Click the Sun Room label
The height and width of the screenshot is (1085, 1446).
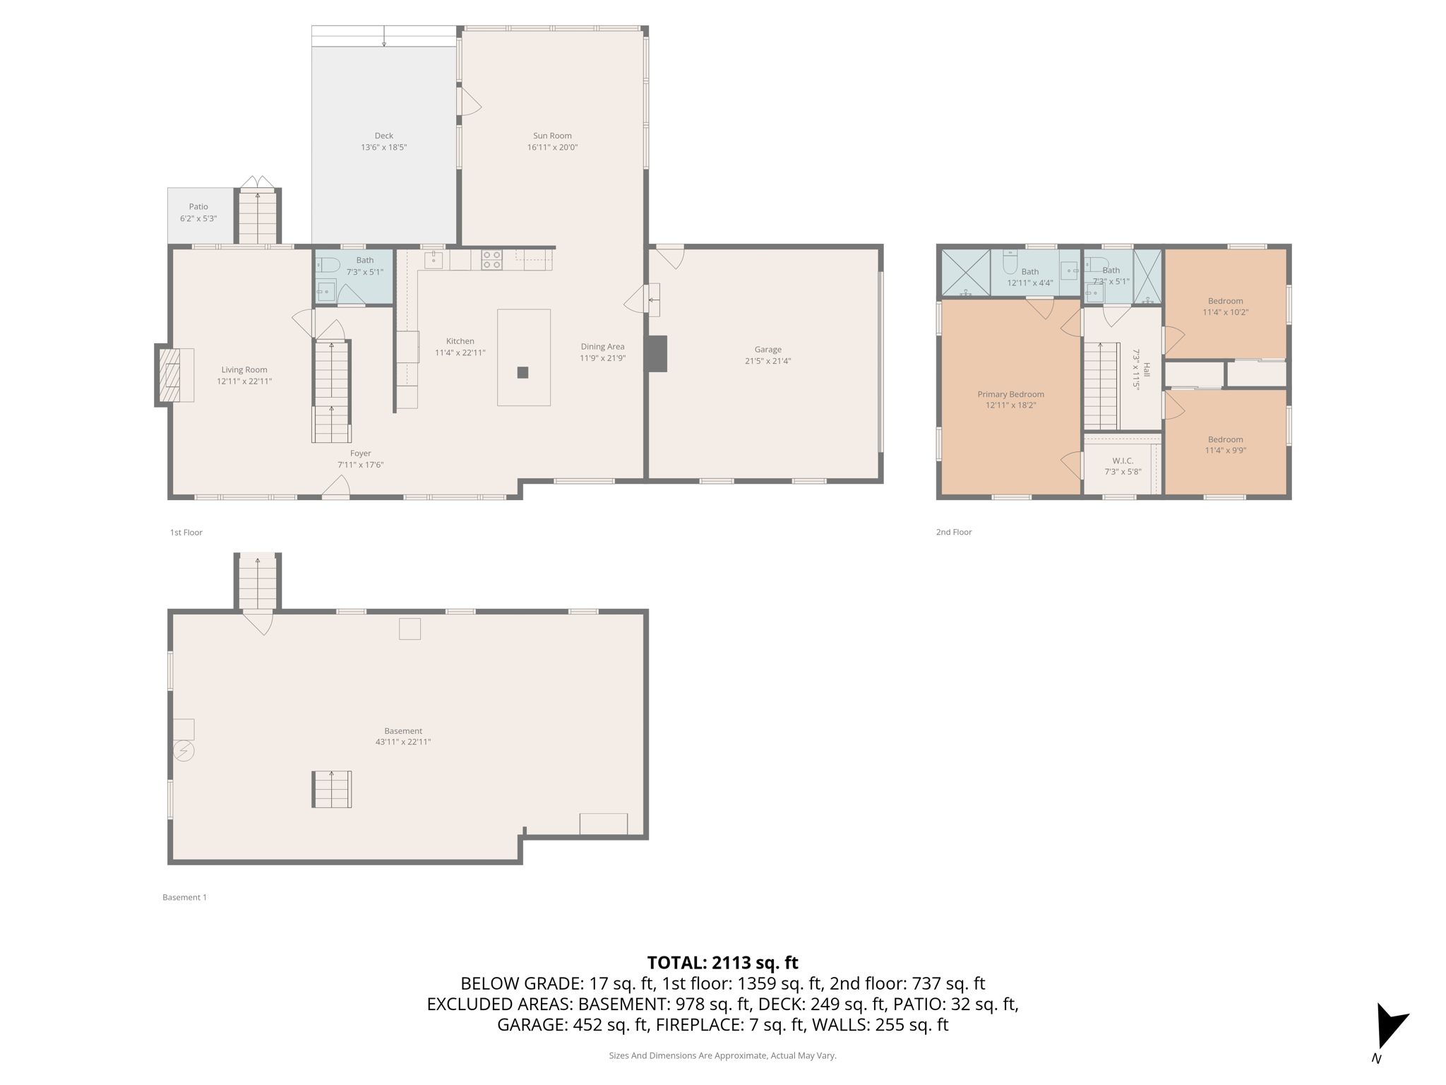point(552,136)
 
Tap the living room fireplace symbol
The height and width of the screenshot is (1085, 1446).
point(170,375)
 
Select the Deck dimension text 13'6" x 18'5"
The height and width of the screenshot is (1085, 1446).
point(383,148)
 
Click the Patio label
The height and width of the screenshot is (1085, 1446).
point(198,207)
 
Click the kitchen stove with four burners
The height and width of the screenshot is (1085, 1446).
point(492,260)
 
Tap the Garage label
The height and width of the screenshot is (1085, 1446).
point(767,349)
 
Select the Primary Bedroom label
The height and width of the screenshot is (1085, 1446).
point(1010,394)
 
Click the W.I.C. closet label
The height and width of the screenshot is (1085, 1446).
point(1122,461)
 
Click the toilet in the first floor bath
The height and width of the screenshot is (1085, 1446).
point(328,266)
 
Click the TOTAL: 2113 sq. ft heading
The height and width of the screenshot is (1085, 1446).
point(722,963)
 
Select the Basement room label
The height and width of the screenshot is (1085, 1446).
point(403,731)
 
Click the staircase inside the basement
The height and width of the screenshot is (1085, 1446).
point(332,789)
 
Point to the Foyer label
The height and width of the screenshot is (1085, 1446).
point(360,453)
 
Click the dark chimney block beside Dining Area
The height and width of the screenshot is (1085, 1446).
point(657,353)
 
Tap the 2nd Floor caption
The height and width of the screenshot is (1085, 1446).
point(954,532)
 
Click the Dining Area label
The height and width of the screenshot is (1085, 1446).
point(602,346)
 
